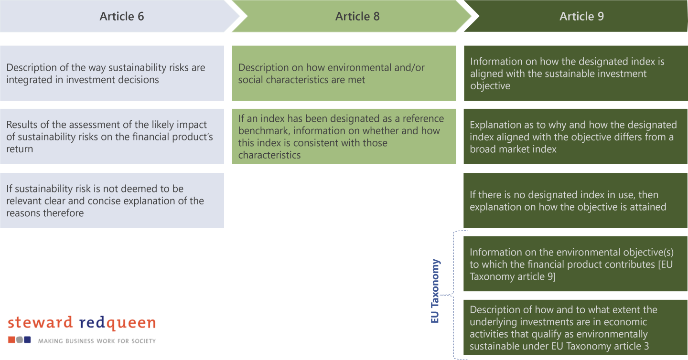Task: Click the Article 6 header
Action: pyautogui.click(x=121, y=16)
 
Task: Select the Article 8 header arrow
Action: pyautogui.click(x=357, y=16)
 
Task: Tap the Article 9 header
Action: pyautogui.click(x=581, y=16)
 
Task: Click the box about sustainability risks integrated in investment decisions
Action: pyautogui.click(x=112, y=74)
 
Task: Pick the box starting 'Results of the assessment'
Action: pyautogui.click(x=112, y=137)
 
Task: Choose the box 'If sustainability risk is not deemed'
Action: pyautogui.click(x=112, y=201)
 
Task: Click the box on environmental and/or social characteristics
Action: pyautogui.click(x=344, y=74)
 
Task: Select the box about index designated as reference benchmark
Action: pyautogui.click(x=344, y=137)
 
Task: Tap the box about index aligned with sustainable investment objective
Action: pyautogui.click(x=575, y=74)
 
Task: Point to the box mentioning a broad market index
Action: pyautogui.click(x=575, y=137)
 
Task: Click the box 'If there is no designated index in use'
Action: pyautogui.click(x=575, y=201)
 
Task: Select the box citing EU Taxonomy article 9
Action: pyautogui.click(x=575, y=264)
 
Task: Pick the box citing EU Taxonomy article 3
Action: pyautogui.click(x=575, y=328)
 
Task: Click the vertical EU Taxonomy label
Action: pyautogui.click(x=435, y=291)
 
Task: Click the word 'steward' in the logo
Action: pyautogui.click(x=40, y=323)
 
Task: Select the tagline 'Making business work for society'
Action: pyautogui.click(x=97, y=341)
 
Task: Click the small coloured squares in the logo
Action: pyautogui.click(x=20, y=340)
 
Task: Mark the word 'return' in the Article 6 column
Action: pyautogui.click(x=20, y=149)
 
